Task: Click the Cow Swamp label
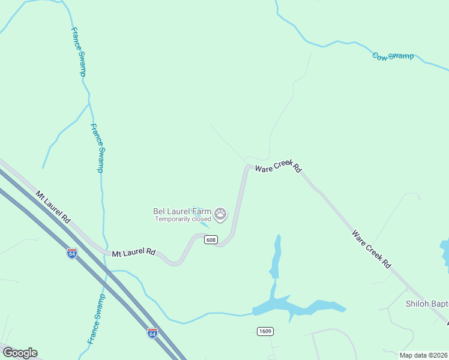coord(393,56)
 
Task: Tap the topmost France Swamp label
coord(79,52)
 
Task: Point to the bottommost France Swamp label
coord(96,319)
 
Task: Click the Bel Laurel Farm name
coord(182,211)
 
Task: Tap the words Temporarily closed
coord(183,219)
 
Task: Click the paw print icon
coord(221,214)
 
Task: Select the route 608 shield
coord(210,240)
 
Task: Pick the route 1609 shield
coord(265,331)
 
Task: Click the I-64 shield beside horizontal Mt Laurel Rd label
coord(72,253)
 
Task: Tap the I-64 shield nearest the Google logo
coord(152,332)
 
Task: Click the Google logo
coord(20,353)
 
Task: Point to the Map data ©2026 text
coord(424,355)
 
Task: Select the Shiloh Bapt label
coord(426,304)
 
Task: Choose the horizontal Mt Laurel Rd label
coord(134,253)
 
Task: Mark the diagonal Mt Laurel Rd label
coord(53,207)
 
